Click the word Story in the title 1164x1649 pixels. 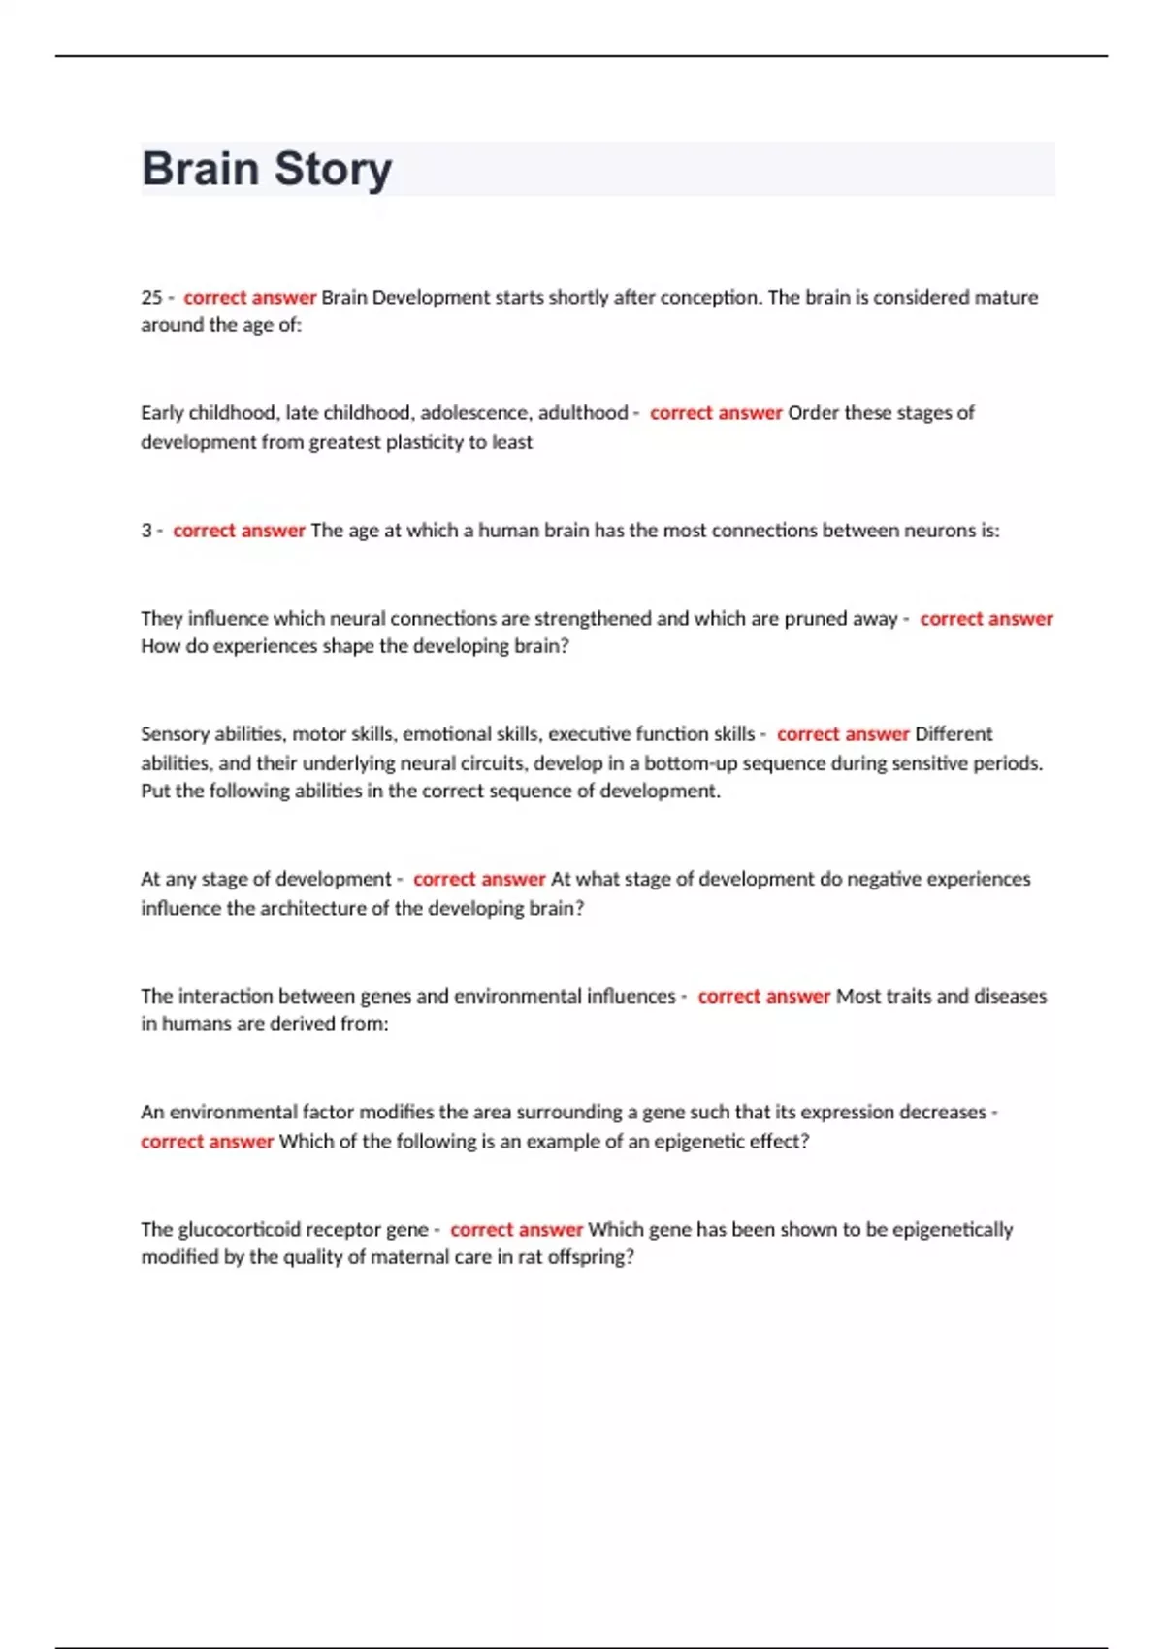[x=333, y=171]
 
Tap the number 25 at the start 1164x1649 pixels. [x=151, y=298]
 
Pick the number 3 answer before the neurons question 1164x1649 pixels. [x=146, y=531]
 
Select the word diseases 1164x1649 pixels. [x=1010, y=996]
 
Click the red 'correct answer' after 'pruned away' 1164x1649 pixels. [x=986, y=619]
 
